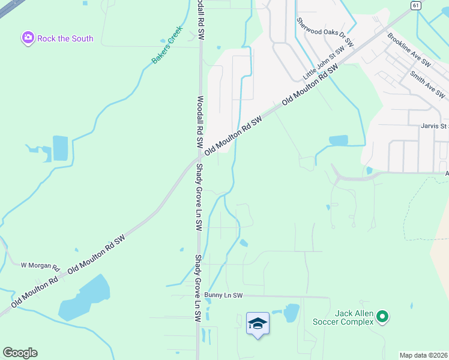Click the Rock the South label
[x=65, y=38]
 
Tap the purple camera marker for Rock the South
[x=28, y=38]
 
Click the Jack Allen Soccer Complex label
[x=343, y=317]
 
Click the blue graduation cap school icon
[x=258, y=324]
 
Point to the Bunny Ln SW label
[x=223, y=295]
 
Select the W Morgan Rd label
[x=41, y=265]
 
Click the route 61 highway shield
[x=416, y=5]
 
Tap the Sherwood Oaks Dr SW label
[x=325, y=32]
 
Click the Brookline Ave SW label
[x=409, y=50]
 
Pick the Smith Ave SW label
[x=427, y=84]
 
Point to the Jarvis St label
[x=434, y=127]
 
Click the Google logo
[x=20, y=353]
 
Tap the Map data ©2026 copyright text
[x=423, y=355]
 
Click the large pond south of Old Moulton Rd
[x=85, y=299]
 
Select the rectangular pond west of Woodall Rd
[x=60, y=148]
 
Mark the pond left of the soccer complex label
[x=291, y=313]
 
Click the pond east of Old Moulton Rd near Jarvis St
[x=338, y=141]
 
